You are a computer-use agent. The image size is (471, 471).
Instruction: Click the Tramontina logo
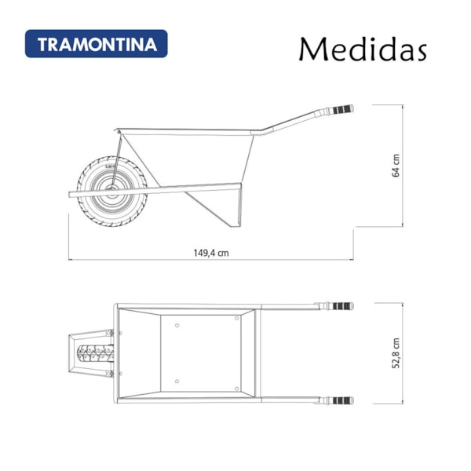point(96,43)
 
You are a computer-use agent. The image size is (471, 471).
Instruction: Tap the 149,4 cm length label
point(211,254)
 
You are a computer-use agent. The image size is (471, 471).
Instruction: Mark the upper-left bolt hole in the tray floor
point(177,324)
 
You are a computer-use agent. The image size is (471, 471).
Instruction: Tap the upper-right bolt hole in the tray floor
point(237,319)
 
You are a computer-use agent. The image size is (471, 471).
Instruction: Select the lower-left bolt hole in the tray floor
point(177,382)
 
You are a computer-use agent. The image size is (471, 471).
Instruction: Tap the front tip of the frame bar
point(70,193)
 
